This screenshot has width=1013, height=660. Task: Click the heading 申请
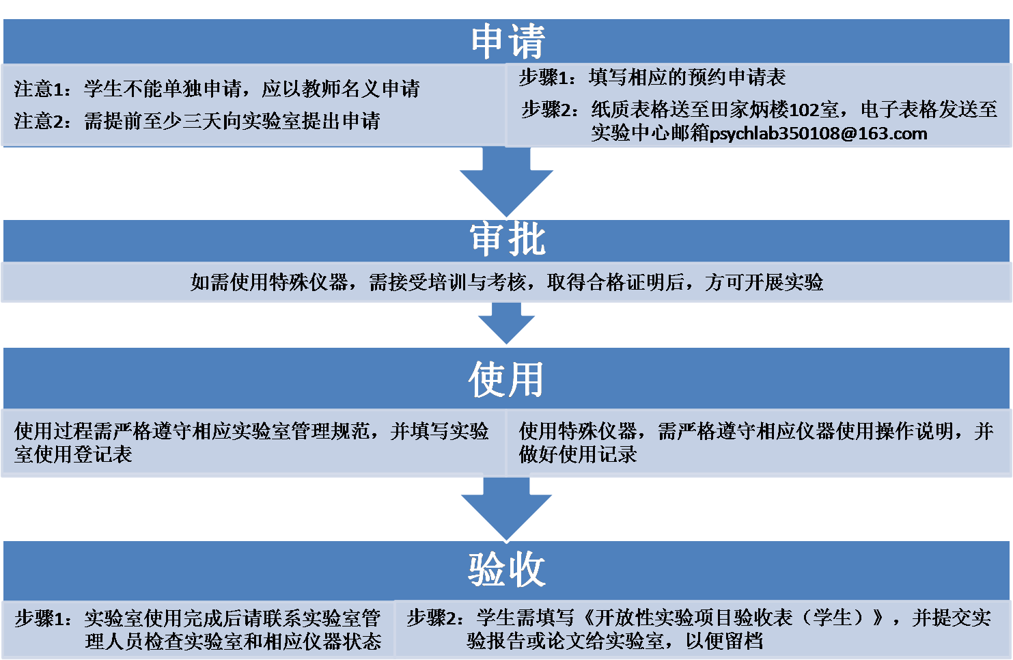507,41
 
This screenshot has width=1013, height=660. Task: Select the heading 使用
506,379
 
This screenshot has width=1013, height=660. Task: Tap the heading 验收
506,568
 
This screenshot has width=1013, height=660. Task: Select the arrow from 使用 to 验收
506,507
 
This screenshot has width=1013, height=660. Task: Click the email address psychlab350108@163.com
818,133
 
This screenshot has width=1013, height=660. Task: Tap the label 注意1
41,88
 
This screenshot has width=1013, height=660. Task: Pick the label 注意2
41,121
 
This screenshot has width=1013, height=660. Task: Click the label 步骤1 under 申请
546,77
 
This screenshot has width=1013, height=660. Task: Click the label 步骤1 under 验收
42,618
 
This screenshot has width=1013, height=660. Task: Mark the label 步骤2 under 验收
434,618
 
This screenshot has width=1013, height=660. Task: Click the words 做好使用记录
578,454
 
